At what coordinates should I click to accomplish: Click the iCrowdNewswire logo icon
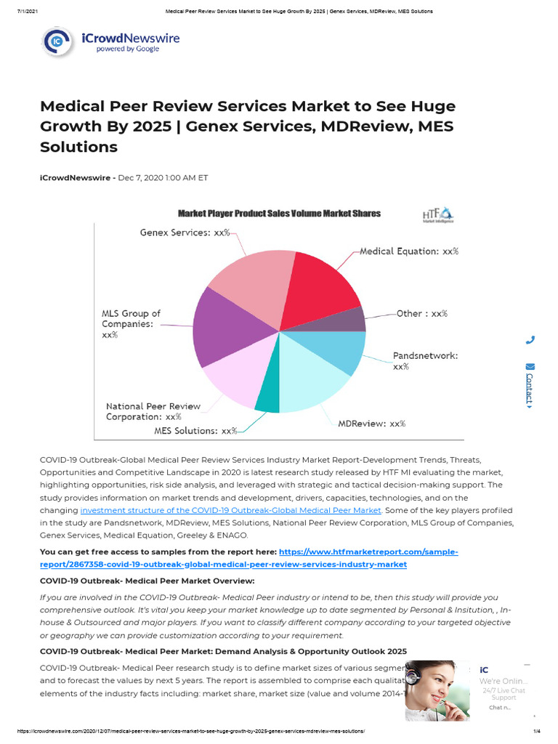[57, 42]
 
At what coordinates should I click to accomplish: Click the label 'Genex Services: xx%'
[185, 233]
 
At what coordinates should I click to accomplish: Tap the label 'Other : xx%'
[421, 314]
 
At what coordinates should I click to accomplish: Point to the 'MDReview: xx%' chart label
[371, 424]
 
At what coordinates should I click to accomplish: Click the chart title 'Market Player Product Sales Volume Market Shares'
[279, 214]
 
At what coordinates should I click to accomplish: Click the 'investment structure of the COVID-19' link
[230, 511]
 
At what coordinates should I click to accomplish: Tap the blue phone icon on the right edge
[530, 339]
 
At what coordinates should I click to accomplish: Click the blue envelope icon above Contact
[530, 366]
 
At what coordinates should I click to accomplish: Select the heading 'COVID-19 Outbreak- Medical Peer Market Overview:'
[147, 581]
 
